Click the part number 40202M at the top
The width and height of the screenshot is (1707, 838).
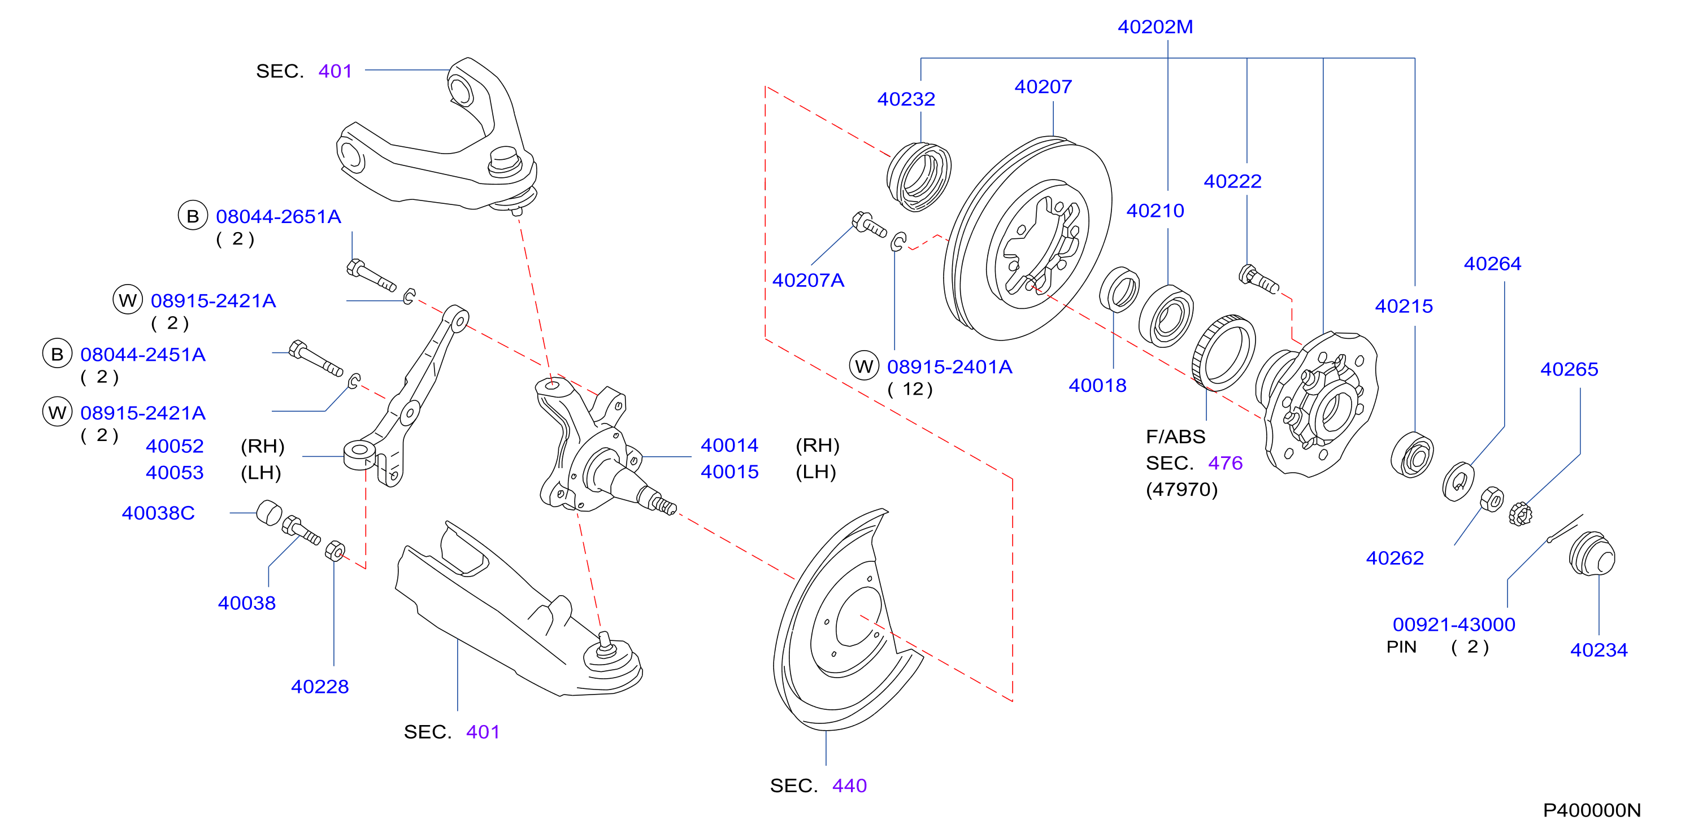pyautogui.click(x=1155, y=27)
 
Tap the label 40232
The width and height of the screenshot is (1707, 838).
pyautogui.click(x=906, y=99)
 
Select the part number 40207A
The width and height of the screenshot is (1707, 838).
pyautogui.click(x=808, y=280)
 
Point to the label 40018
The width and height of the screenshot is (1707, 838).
pyautogui.click(x=1097, y=386)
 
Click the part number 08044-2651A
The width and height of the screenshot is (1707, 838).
pyautogui.click(x=279, y=217)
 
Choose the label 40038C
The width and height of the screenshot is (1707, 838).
pyautogui.click(x=158, y=513)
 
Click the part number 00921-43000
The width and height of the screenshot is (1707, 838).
pyautogui.click(x=1454, y=624)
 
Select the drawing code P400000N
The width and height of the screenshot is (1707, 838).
pyautogui.click(x=1592, y=810)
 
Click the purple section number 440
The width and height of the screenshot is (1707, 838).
pyautogui.click(x=849, y=785)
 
